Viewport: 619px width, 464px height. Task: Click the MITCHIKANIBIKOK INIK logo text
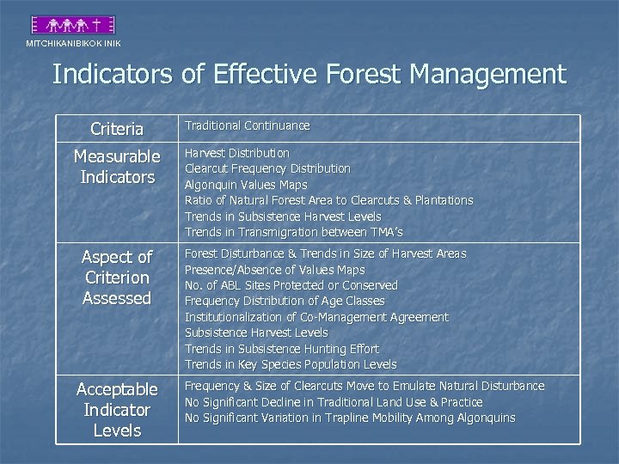[73, 43]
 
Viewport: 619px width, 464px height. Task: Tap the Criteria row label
[117, 130]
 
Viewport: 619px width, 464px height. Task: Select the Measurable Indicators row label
[117, 167]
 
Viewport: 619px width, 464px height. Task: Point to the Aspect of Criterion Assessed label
[117, 278]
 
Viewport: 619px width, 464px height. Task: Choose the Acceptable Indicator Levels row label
[117, 410]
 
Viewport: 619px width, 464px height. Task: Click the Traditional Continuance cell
[248, 125]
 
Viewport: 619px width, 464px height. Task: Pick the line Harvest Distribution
[237, 153]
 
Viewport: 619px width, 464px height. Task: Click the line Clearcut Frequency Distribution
[268, 168]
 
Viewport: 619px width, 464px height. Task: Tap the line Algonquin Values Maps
[246, 185]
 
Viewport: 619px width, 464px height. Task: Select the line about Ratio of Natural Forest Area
[329, 200]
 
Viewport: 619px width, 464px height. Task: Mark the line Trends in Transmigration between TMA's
[294, 232]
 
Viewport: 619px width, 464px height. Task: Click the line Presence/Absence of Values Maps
[275, 270]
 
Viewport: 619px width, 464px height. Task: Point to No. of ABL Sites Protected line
[291, 285]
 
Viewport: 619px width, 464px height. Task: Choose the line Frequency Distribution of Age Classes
[285, 301]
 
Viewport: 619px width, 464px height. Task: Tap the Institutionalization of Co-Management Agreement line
[316, 317]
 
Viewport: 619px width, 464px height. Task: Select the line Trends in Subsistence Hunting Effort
[282, 349]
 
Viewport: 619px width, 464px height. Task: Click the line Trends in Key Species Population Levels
[291, 364]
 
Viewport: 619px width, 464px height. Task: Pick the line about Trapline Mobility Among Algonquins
[350, 418]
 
